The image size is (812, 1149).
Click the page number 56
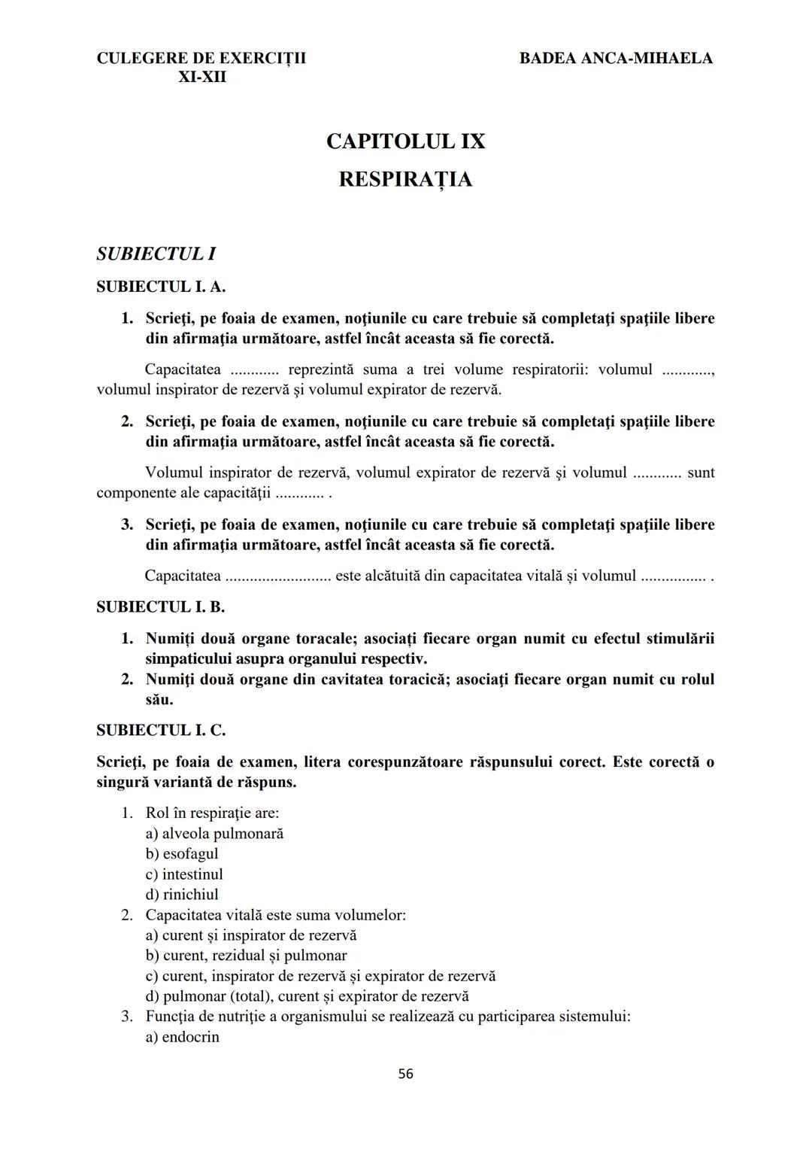click(405, 1074)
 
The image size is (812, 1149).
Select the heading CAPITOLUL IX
click(405, 141)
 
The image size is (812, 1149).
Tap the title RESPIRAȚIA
click(405, 180)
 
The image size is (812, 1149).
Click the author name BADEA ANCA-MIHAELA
click(616, 58)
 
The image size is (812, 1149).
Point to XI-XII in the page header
click(201, 77)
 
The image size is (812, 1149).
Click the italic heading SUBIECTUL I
click(156, 254)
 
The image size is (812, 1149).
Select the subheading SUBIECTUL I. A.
click(161, 287)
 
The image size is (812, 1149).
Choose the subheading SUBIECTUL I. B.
click(161, 606)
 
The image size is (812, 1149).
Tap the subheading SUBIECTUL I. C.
click(161, 730)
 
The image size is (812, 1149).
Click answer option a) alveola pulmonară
click(214, 834)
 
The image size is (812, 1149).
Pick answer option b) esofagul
click(182, 854)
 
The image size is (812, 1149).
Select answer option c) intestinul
click(184, 874)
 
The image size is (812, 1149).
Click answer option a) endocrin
click(183, 1037)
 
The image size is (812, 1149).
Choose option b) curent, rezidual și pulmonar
click(247, 956)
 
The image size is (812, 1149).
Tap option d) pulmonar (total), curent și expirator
click(307, 996)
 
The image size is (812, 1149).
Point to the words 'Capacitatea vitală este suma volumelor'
click(275, 915)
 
